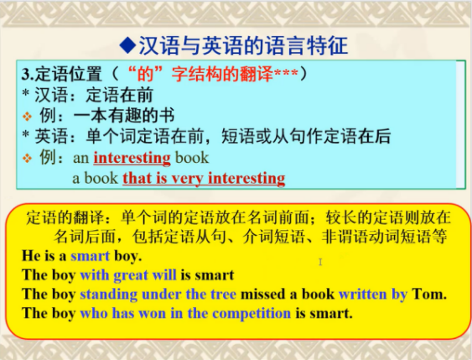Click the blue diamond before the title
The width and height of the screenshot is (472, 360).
127,45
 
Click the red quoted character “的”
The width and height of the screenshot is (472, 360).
145,74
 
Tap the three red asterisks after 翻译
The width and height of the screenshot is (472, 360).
285,73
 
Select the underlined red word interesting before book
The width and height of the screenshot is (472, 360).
132,158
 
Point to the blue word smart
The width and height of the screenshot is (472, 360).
90,256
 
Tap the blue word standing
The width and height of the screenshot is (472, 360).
108,295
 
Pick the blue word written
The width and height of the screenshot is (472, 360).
363,294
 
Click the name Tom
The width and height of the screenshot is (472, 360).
429,294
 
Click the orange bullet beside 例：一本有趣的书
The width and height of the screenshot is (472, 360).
27,117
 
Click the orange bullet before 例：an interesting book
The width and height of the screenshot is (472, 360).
27,158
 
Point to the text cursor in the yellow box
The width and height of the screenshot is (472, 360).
320,262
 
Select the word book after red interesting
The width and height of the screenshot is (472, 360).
192,158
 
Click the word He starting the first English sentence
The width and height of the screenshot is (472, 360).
31,256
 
